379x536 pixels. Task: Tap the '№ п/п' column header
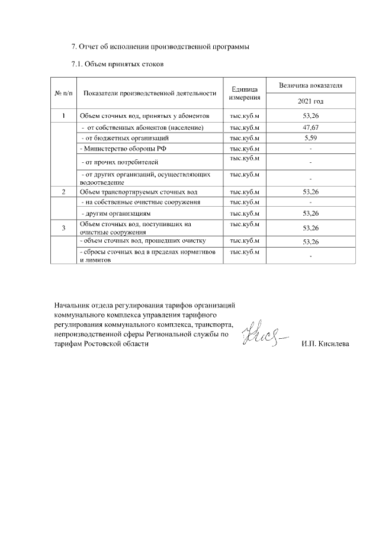[x=63, y=93]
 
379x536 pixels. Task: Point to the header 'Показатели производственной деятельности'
[x=150, y=93]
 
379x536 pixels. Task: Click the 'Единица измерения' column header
[x=245, y=93]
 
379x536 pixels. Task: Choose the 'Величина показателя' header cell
[x=310, y=86]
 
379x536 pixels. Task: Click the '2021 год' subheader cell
[x=310, y=102]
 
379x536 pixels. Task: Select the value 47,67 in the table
[x=310, y=127]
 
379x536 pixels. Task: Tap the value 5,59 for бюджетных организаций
[x=310, y=137]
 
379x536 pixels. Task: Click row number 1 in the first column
[x=63, y=115]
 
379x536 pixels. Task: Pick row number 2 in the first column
[x=63, y=192]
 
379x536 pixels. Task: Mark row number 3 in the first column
[x=63, y=228]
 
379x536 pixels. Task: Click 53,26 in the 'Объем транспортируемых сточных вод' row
[x=310, y=192]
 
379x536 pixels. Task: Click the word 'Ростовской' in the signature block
[x=102, y=344]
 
